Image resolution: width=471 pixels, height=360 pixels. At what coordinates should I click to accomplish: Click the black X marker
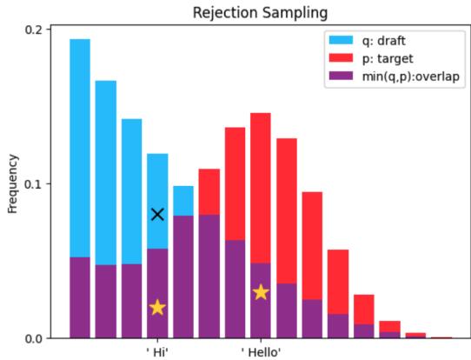pyautogui.click(x=157, y=214)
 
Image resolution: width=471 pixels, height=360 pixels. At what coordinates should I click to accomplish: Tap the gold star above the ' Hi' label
pyautogui.click(x=157, y=307)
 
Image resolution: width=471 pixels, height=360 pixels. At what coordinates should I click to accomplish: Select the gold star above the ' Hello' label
pyautogui.click(x=260, y=292)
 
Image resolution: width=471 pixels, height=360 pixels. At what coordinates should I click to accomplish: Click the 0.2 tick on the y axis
pyautogui.click(x=33, y=30)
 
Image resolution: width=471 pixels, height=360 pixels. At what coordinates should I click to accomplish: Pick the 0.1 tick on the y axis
pyautogui.click(x=33, y=184)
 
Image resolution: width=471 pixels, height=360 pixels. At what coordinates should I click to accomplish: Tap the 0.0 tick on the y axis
pyautogui.click(x=33, y=338)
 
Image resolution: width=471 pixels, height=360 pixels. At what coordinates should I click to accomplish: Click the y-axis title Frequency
pyautogui.click(x=12, y=183)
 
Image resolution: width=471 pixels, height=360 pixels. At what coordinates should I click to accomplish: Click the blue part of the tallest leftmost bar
pyautogui.click(x=80, y=148)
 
